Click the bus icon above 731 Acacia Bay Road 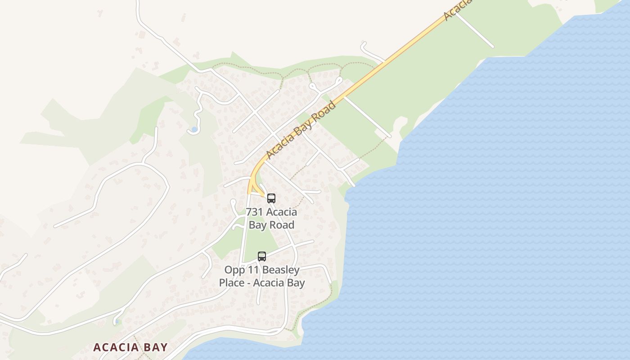point(271,198)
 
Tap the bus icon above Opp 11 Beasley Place point(261,256)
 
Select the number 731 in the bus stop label point(254,212)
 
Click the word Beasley point(280,270)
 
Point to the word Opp point(234,270)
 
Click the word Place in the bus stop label point(232,283)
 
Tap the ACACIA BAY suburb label point(130,347)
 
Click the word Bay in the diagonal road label point(301,130)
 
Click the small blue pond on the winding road point(194,130)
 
